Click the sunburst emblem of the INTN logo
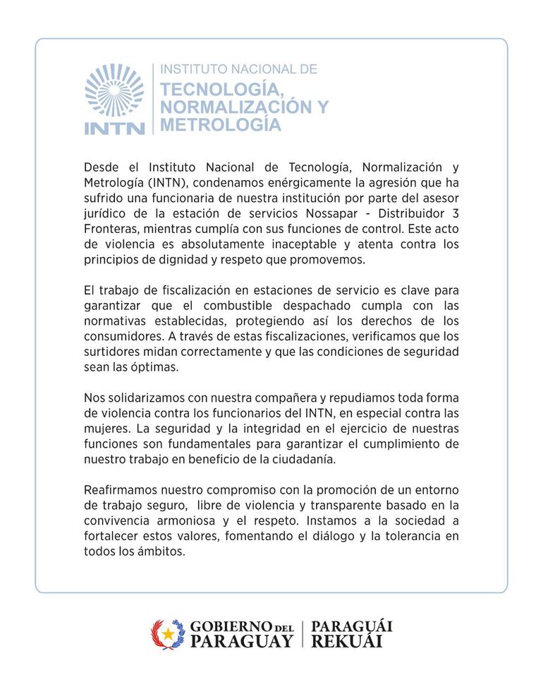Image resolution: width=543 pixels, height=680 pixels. click(114, 90)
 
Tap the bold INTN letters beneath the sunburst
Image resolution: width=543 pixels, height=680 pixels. click(114, 129)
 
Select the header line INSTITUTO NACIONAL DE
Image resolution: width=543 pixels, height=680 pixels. click(239, 69)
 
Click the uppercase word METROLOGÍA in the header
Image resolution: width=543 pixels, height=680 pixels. click(221, 125)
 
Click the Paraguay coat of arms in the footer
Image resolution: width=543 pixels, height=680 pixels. click(167, 634)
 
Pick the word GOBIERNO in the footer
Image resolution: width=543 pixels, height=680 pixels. click(231, 627)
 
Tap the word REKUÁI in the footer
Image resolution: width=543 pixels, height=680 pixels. click(346, 642)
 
